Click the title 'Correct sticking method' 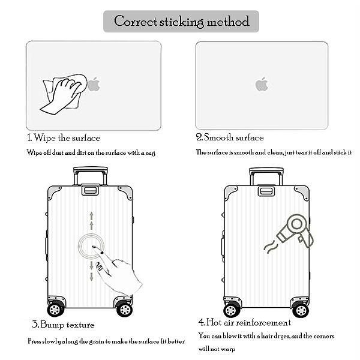(181, 22)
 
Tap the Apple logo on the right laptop (261, 84)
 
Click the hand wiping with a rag (63, 93)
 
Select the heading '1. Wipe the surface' (64, 138)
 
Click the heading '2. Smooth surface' (230, 138)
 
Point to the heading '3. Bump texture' (63, 325)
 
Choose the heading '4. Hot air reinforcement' (244, 322)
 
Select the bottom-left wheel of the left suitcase (56, 309)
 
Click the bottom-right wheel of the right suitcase (300, 310)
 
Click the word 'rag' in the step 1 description (151, 152)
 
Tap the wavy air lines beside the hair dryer (270, 245)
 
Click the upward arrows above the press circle (91, 220)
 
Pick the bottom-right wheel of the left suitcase (124, 309)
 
